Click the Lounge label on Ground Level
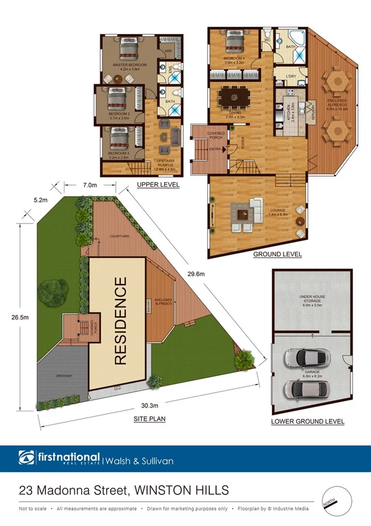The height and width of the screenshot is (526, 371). pyautogui.click(x=277, y=210)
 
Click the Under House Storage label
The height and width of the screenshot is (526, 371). pyautogui.click(x=311, y=298)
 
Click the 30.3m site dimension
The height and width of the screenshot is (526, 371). pyautogui.click(x=149, y=405)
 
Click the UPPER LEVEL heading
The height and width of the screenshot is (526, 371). pyautogui.click(x=158, y=185)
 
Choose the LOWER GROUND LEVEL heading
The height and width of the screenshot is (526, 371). pyautogui.click(x=308, y=421)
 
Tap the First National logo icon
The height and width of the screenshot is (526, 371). pyautogui.click(x=27, y=460)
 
